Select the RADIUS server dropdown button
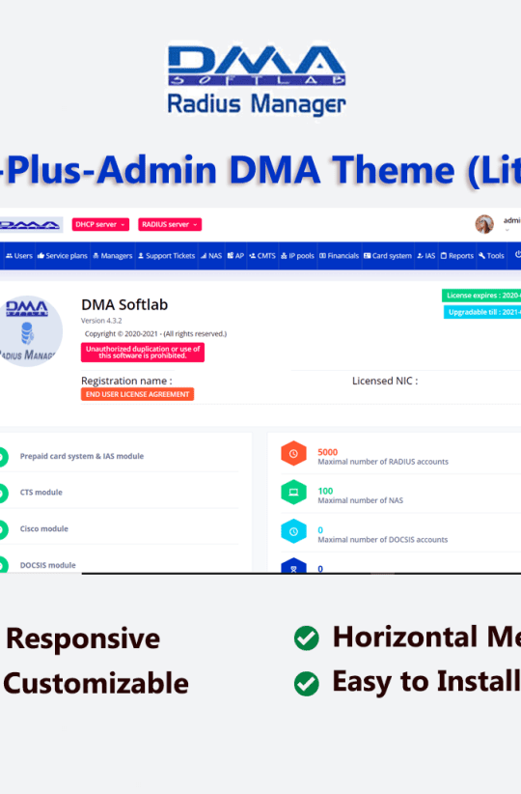click(x=170, y=224)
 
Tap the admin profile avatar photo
click(x=484, y=224)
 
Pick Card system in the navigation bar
click(x=388, y=256)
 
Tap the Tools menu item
click(x=491, y=256)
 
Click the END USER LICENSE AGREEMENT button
click(x=137, y=394)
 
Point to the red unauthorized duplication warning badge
click(x=142, y=352)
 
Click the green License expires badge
click(x=481, y=296)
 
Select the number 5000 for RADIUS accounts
click(x=328, y=451)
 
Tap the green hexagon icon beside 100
click(x=293, y=493)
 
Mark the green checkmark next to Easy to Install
click(x=306, y=684)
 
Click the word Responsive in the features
click(x=83, y=638)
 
